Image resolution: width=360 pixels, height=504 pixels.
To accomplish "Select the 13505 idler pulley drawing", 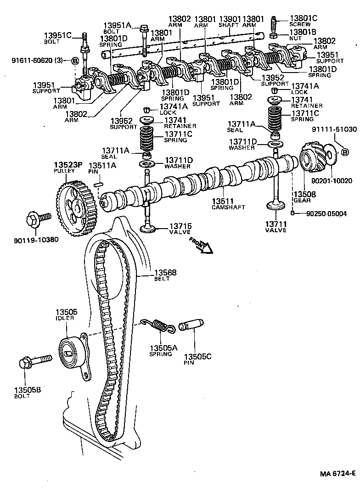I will click(72, 352).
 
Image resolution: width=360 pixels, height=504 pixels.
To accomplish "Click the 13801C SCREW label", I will click(303, 21).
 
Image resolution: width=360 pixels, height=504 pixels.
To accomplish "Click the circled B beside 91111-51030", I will click(344, 152).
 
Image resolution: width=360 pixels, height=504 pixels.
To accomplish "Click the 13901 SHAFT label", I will click(229, 22).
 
